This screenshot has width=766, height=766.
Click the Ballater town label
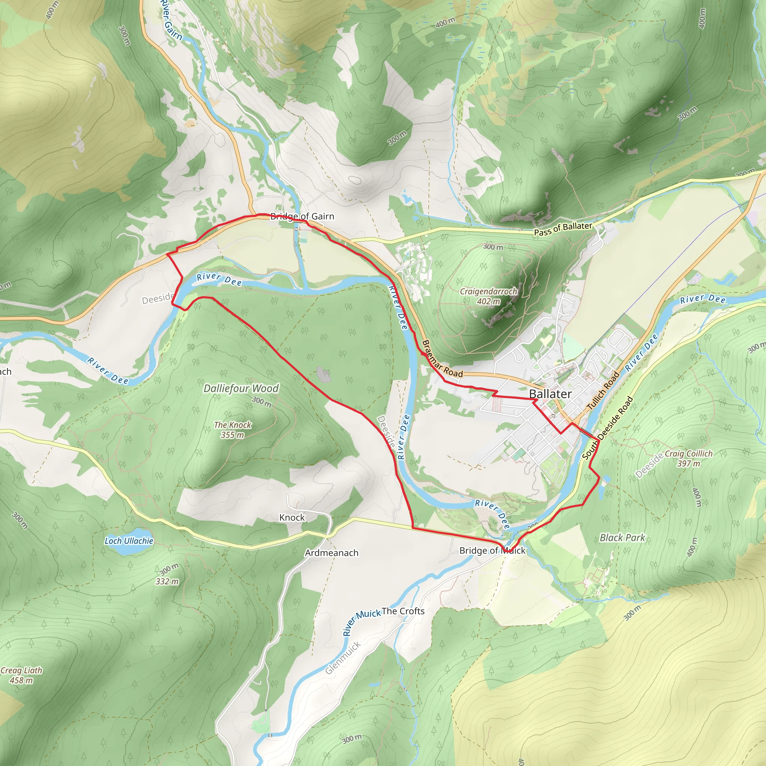click(550, 394)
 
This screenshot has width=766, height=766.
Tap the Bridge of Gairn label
click(302, 216)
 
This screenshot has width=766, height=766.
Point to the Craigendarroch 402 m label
click(488, 296)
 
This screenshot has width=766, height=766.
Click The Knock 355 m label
click(233, 429)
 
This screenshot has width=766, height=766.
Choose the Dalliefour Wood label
click(241, 388)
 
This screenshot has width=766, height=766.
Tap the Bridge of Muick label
click(492, 550)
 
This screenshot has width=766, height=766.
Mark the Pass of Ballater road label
click(563, 229)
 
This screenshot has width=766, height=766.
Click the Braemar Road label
click(442, 358)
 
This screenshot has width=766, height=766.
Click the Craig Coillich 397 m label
click(689, 458)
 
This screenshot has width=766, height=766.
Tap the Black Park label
click(622, 537)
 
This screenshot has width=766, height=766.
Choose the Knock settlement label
click(292, 517)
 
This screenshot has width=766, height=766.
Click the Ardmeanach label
click(331, 553)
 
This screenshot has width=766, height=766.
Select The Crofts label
click(403, 611)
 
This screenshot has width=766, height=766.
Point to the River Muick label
click(361, 622)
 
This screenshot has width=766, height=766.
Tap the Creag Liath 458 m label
click(21, 675)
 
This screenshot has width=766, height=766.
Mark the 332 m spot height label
click(167, 581)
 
